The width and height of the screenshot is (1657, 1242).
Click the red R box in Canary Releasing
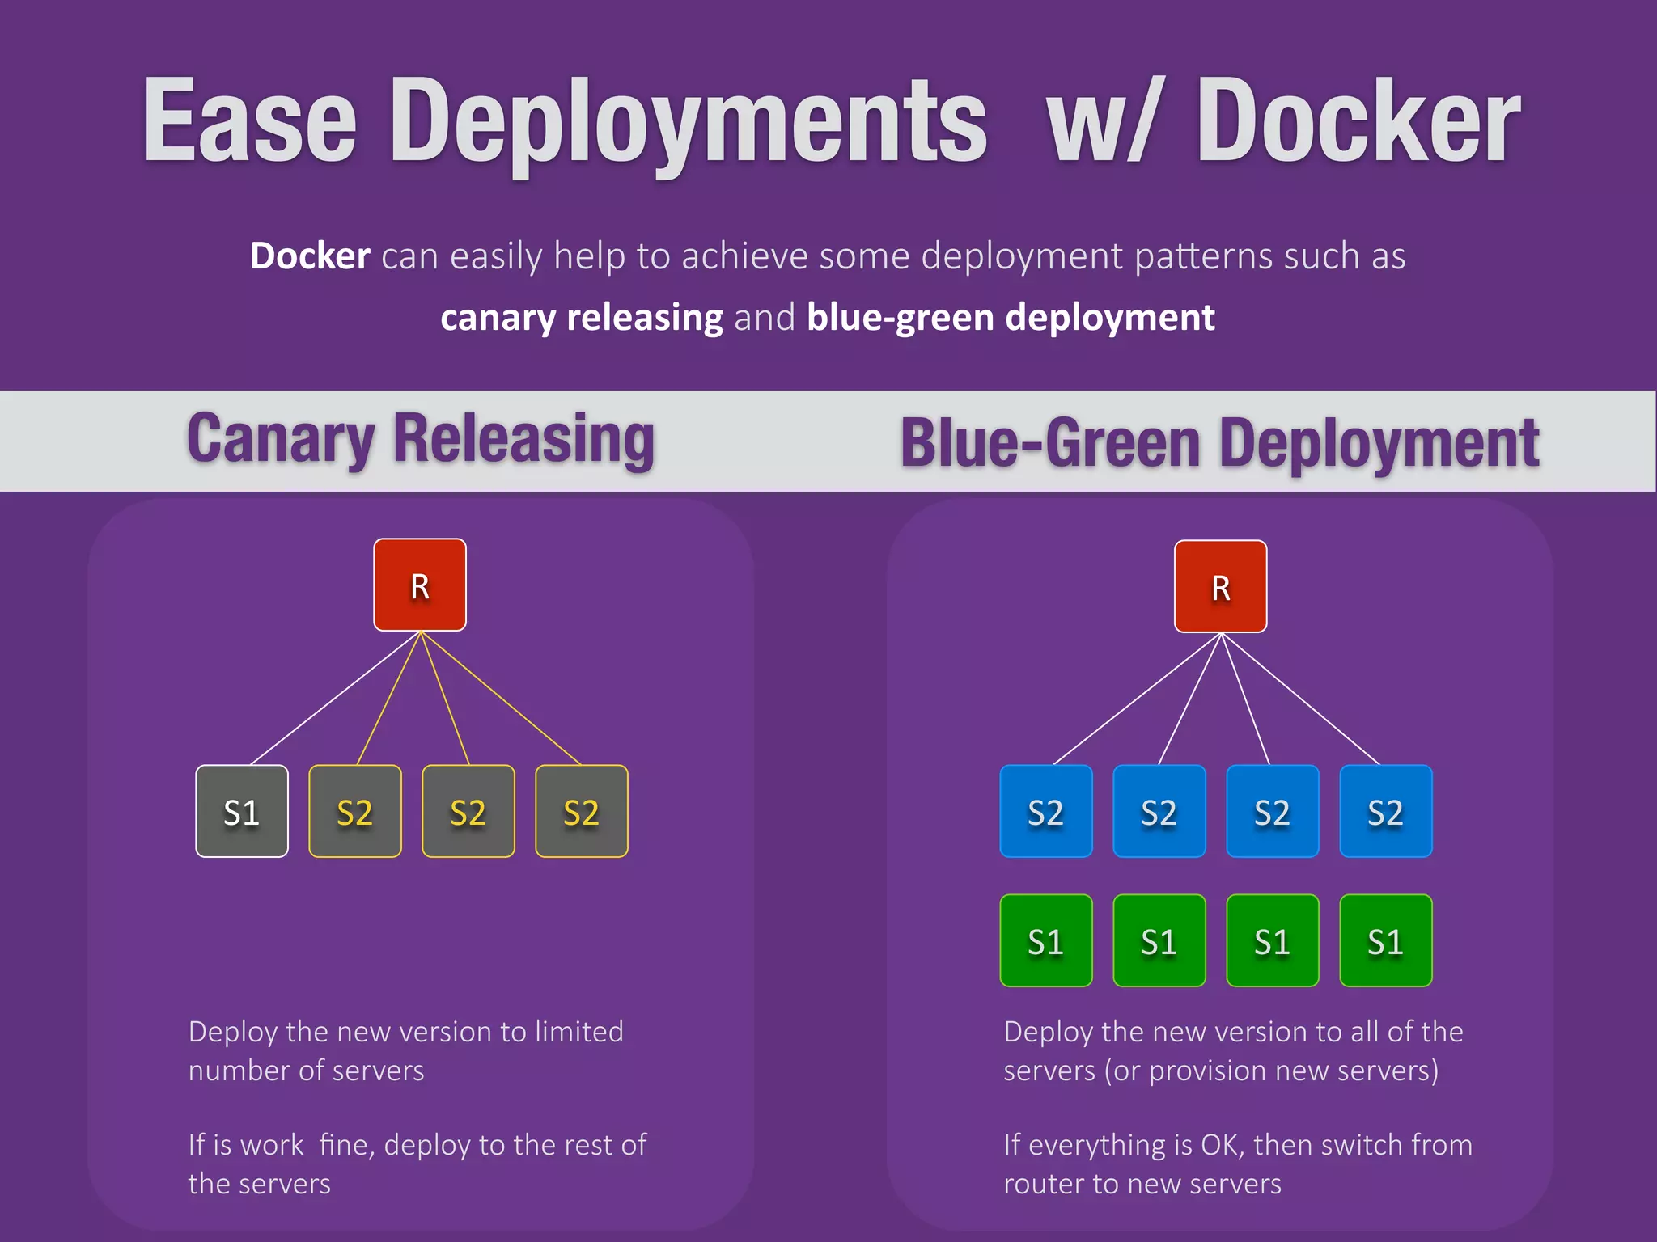[419, 585]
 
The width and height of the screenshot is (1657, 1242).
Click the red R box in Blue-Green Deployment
[1220, 586]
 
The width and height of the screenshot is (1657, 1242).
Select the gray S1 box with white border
[241, 811]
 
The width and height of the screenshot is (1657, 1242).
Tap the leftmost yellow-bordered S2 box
[354, 811]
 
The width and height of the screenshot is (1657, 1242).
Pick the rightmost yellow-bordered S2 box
[581, 811]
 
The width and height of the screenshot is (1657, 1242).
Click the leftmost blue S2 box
[1045, 811]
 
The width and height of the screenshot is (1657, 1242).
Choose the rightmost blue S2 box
[1385, 811]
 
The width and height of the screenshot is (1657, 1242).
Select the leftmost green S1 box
[1045, 940]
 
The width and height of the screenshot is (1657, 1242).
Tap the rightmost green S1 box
[1385, 940]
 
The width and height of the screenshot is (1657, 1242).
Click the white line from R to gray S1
[335, 698]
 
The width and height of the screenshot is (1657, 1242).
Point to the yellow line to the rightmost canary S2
[502, 699]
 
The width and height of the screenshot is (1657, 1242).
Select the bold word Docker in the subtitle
[310, 256]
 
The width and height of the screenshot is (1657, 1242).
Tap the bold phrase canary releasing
[581, 317]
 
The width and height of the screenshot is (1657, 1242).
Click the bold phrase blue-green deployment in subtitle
[1010, 317]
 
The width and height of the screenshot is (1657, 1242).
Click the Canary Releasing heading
[420, 439]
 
